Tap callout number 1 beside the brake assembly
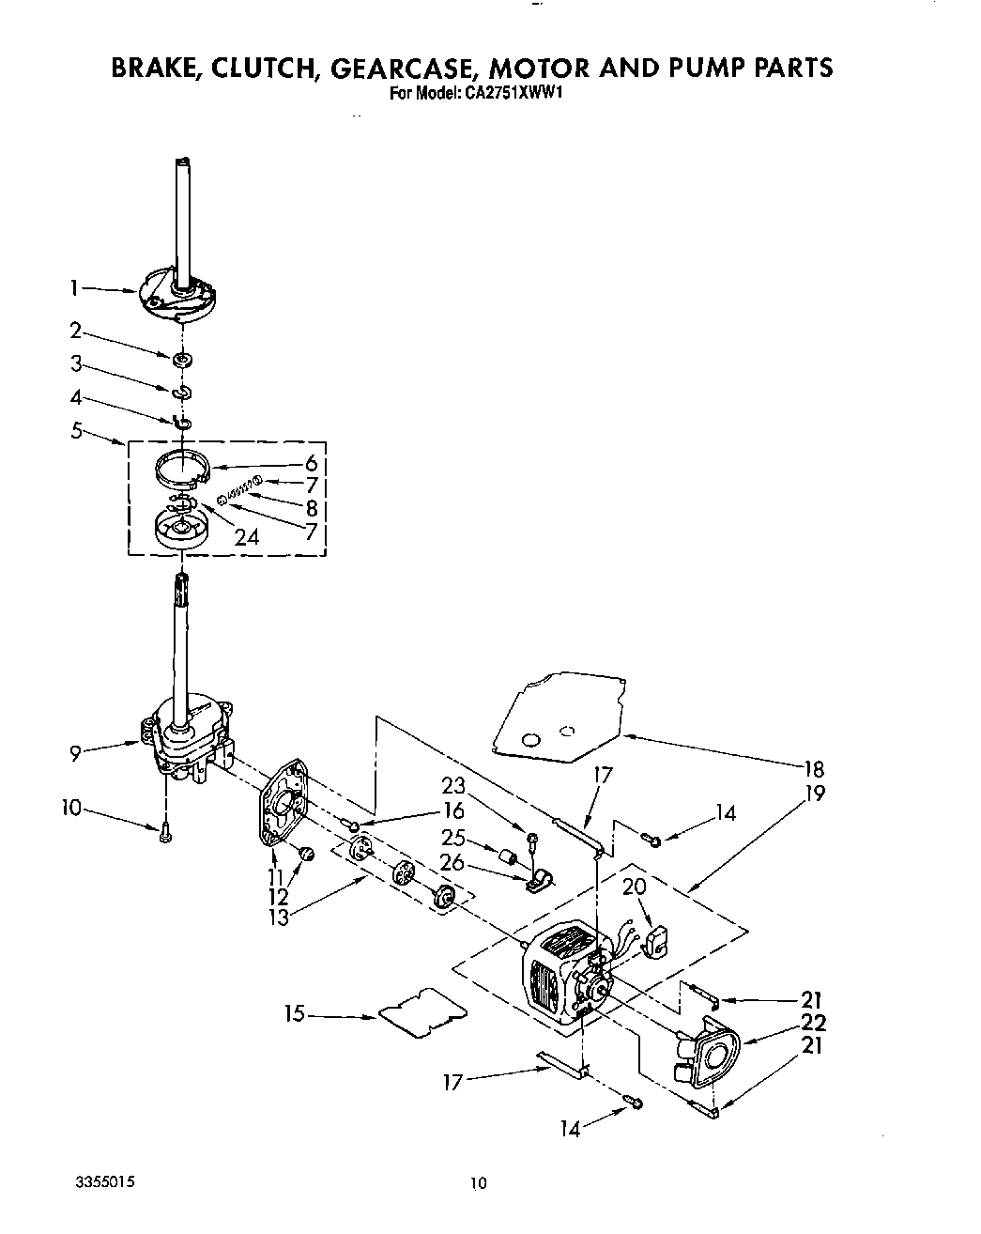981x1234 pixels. [x=74, y=289]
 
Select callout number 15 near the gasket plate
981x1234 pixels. [x=295, y=1014]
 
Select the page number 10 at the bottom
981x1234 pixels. [x=480, y=1184]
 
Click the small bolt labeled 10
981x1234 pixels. [x=165, y=831]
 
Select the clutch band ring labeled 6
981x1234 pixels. [x=180, y=468]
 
